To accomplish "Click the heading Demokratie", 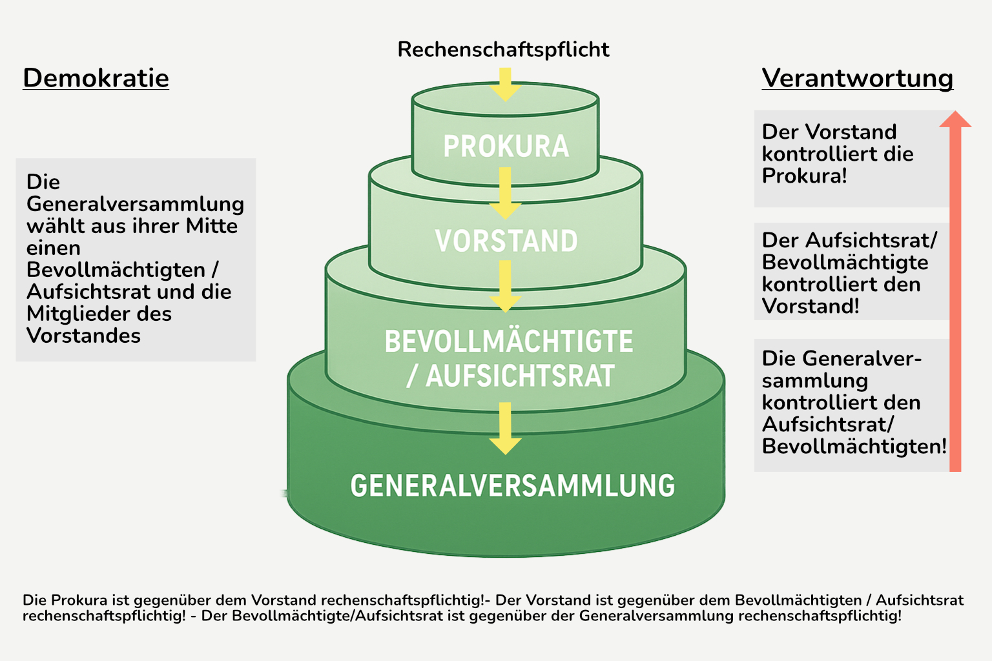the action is [x=96, y=78].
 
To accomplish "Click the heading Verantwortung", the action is [x=858, y=79].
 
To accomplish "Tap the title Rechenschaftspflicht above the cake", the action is [x=503, y=50].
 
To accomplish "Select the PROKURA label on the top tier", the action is [x=506, y=146].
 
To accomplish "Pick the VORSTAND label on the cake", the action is [x=506, y=241].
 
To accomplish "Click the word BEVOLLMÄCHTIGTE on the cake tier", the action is [x=508, y=341].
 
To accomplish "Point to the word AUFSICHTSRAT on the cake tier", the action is [x=520, y=376].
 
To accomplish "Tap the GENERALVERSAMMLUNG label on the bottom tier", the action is [x=512, y=485].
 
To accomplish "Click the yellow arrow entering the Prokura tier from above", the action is [x=505, y=85].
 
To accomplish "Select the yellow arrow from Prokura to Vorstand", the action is [x=505, y=193].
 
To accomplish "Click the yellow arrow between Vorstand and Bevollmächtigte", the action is [x=505, y=287].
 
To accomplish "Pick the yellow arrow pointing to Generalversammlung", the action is [x=505, y=429].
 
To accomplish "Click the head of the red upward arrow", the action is [x=955, y=119].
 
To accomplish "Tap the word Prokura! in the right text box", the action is [x=804, y=176].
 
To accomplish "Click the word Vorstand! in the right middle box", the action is [x=811, y=307].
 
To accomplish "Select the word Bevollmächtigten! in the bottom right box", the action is [x=854, y=446].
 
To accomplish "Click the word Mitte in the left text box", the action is [x=212, y=226].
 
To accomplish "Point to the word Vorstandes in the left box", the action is [x=83, y=336].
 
